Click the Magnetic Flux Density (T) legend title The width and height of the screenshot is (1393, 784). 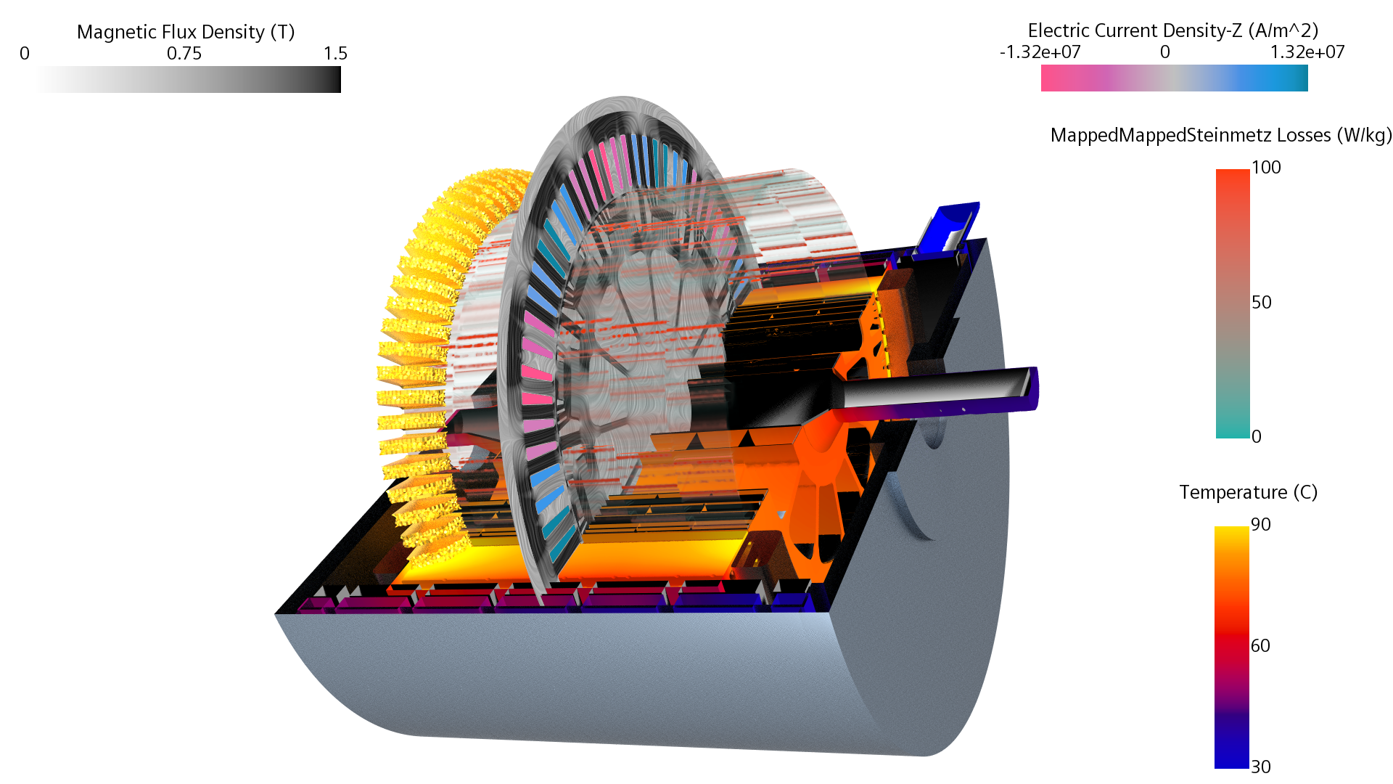(186, 32)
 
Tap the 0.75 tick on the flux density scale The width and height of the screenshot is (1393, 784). (184, 54)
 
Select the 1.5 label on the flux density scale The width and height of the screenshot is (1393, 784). (336, 54)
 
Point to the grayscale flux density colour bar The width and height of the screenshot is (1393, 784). (189, 79)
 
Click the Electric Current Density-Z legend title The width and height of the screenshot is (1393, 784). (1173, 30)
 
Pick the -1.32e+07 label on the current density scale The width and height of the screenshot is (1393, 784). (1040, 52)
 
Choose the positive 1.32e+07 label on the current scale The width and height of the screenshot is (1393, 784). (1307, 52)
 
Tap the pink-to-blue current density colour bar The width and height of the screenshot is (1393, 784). (1175, 78)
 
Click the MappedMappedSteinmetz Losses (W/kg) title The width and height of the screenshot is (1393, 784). (1222, 135)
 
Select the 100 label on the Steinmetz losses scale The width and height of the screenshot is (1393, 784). (1266, 168)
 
